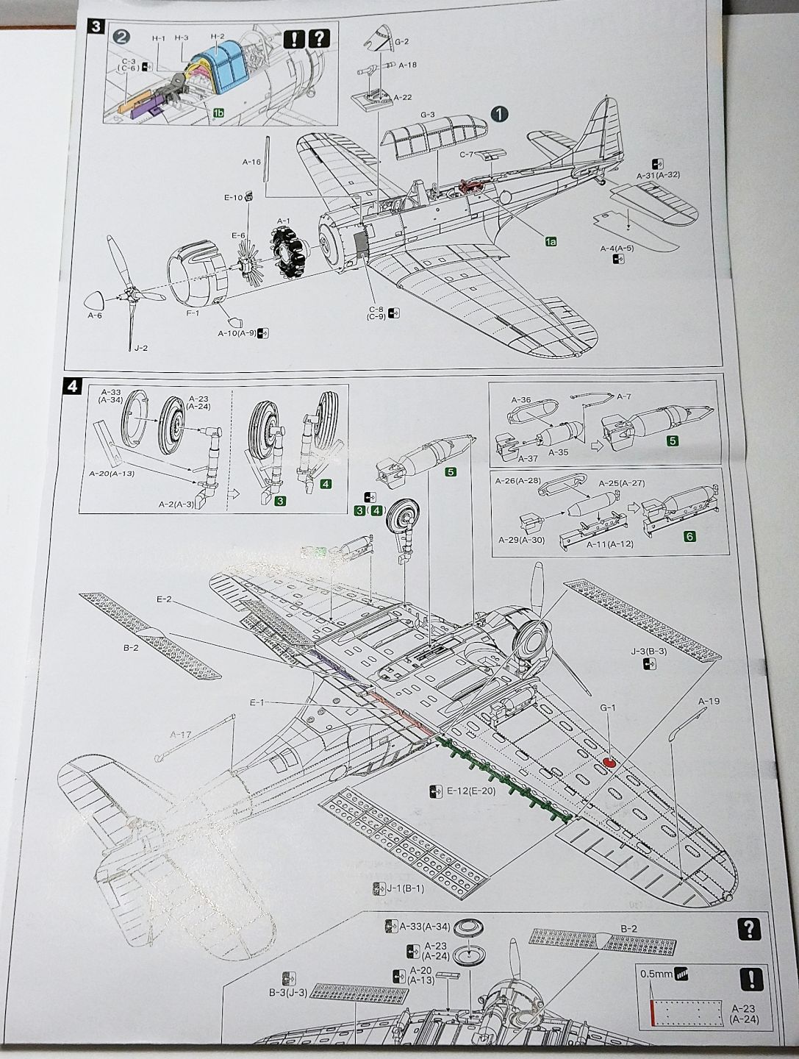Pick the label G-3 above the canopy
(x=428, y=114)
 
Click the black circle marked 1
(x=499, y=113)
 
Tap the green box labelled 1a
(x=551, y=240)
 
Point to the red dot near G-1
(x=609, y=762)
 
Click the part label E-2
(x=164, y=600)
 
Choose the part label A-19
(x=708, y=701)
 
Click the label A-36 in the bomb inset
(x=520, y=399)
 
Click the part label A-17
(x=180, y=734)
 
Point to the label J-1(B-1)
(x=402, y=888)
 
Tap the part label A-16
(x=251, y=160)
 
